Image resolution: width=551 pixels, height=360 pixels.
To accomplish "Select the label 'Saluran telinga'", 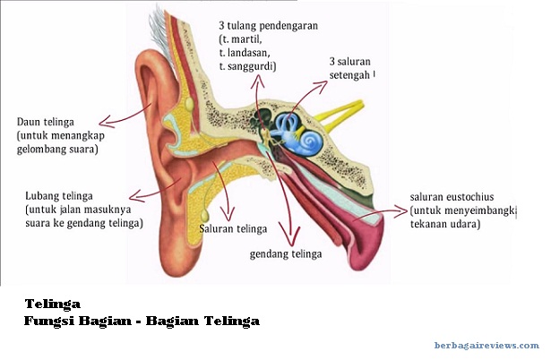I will coord(230,228).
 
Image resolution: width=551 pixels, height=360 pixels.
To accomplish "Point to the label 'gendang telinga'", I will coord(285,253).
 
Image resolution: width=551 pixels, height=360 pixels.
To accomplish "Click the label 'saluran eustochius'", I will coord(452,196).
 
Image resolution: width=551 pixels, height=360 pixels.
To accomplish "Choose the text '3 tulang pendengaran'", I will coord(268,26).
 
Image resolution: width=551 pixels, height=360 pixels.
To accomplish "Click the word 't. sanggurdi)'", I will coord(247,66).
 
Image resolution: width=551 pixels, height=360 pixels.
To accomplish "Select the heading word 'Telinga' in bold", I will coord(53,304).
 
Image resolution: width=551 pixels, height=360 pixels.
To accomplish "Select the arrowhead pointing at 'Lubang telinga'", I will coord(133,195).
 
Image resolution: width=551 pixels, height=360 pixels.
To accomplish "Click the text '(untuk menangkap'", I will coord(57,135).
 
